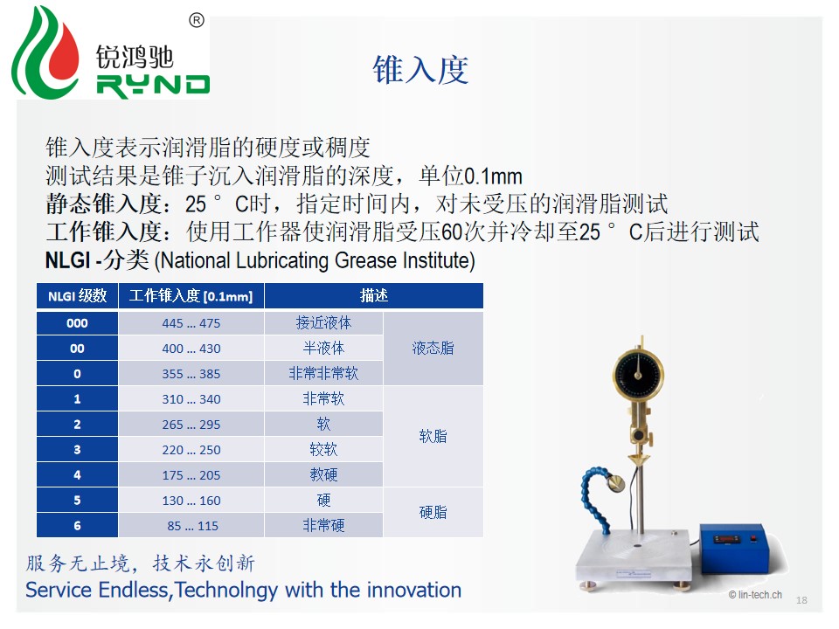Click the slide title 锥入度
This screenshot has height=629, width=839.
[420, 70]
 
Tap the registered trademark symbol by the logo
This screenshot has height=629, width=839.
[197, 21]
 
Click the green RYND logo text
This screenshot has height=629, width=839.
[153, 86]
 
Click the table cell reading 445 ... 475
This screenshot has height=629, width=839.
[191, 323]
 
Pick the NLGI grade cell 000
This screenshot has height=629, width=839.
[77, 323]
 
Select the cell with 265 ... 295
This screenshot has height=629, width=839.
[191, 425]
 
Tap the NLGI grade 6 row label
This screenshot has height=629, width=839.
[77, 525]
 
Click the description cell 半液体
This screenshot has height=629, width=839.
[323, 349]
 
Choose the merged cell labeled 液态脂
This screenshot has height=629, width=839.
[433, 349]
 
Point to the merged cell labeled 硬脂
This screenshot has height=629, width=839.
[433, 513]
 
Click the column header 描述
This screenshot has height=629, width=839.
[373, 296]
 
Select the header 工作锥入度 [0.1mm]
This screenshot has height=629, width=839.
[191, 296]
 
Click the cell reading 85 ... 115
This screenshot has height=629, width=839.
[191, 526]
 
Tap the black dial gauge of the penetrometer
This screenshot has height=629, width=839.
[638, 374]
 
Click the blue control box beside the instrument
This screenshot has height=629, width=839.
[733, 547]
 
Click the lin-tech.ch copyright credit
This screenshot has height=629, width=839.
[755, 595]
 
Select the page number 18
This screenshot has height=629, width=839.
[801, 600]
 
